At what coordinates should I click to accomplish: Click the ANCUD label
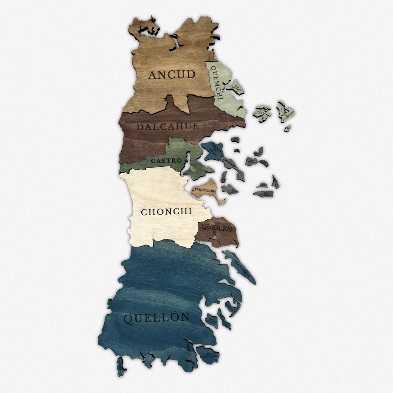[x=172, y=74]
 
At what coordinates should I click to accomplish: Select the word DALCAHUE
[x=167, y=127]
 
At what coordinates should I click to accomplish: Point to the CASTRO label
[x=166, y=161]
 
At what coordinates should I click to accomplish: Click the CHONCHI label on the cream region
[x=166, y=212]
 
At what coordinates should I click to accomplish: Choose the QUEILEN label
[x=217, y=227]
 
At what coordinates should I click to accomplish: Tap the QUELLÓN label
[x=156, y=318]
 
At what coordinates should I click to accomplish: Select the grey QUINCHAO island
[x=232, y=165]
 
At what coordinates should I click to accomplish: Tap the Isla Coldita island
[x=211, y=320]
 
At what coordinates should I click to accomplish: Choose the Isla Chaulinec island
[x=264, y=194]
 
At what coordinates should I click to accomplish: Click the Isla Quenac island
[x=252, y=161]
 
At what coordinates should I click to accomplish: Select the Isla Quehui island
[x=230, y=189]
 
